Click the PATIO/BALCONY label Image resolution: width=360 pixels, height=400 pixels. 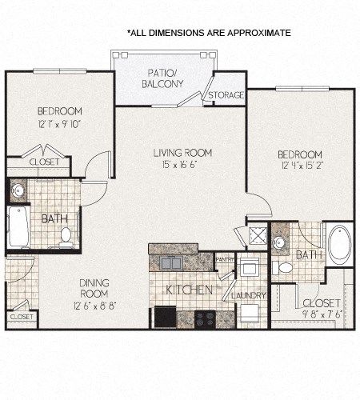coord(162,78)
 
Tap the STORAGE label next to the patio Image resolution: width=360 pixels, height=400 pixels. coord(226,95)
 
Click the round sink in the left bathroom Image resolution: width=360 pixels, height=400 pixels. coord(18,190)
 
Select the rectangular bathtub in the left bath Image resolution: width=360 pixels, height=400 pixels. coord(18,228)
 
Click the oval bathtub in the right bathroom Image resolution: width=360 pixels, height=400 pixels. coord(339,244)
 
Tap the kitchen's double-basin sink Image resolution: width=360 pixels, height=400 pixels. coord(170,262)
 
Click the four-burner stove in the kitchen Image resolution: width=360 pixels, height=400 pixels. coord(205,318)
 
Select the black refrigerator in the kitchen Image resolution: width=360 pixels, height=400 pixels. coord(166,317)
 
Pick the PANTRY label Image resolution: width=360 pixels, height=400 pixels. coord(225,259)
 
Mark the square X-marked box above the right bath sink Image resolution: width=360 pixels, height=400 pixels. coord(258,236)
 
